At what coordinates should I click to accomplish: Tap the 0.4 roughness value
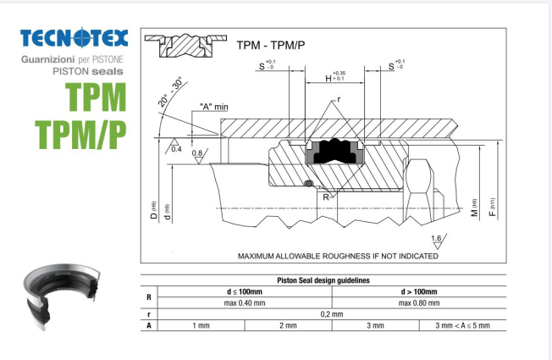point(176,149)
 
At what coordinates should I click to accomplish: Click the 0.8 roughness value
point(197,153)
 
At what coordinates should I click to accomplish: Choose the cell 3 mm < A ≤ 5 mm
point(461,325)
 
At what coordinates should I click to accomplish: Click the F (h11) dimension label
point(494,204)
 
